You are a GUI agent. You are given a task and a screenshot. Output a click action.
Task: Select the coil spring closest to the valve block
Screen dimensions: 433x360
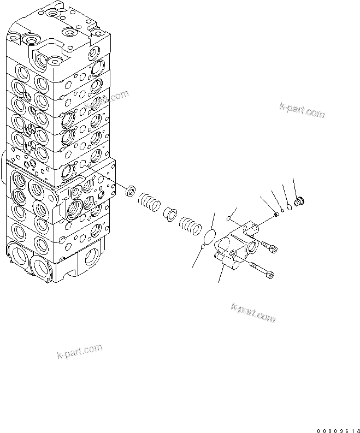click(148, 202)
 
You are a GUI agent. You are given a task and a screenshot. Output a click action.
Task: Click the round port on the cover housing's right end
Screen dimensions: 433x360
click(254, 249)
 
